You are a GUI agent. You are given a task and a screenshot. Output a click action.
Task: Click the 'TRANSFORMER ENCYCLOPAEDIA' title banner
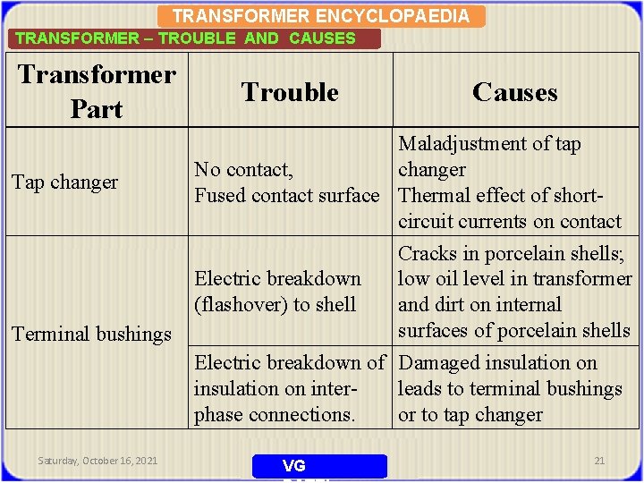(x=320, y=16)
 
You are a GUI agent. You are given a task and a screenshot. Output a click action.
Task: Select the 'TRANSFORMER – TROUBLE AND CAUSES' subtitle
(x=185, y=38)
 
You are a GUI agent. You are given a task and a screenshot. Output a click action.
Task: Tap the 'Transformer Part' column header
(x=97, y=91)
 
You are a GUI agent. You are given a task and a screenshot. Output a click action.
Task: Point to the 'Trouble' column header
(x=290, y=92)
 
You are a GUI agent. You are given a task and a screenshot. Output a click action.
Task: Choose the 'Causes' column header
(x=514, y=92)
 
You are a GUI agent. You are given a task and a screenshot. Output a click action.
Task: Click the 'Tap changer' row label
(x=64, y=182)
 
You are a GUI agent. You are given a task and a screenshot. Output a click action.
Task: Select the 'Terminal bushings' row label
(x=91, y=334)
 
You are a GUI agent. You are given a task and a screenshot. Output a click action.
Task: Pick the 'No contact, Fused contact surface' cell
(x=286, y=182)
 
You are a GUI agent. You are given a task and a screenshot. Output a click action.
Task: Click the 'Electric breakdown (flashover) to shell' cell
(x=278, y=292)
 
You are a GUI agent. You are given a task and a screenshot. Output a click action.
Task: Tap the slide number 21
(x=599, y=461)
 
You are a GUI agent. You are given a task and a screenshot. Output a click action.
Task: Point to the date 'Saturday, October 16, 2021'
(x=97, y=461)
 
